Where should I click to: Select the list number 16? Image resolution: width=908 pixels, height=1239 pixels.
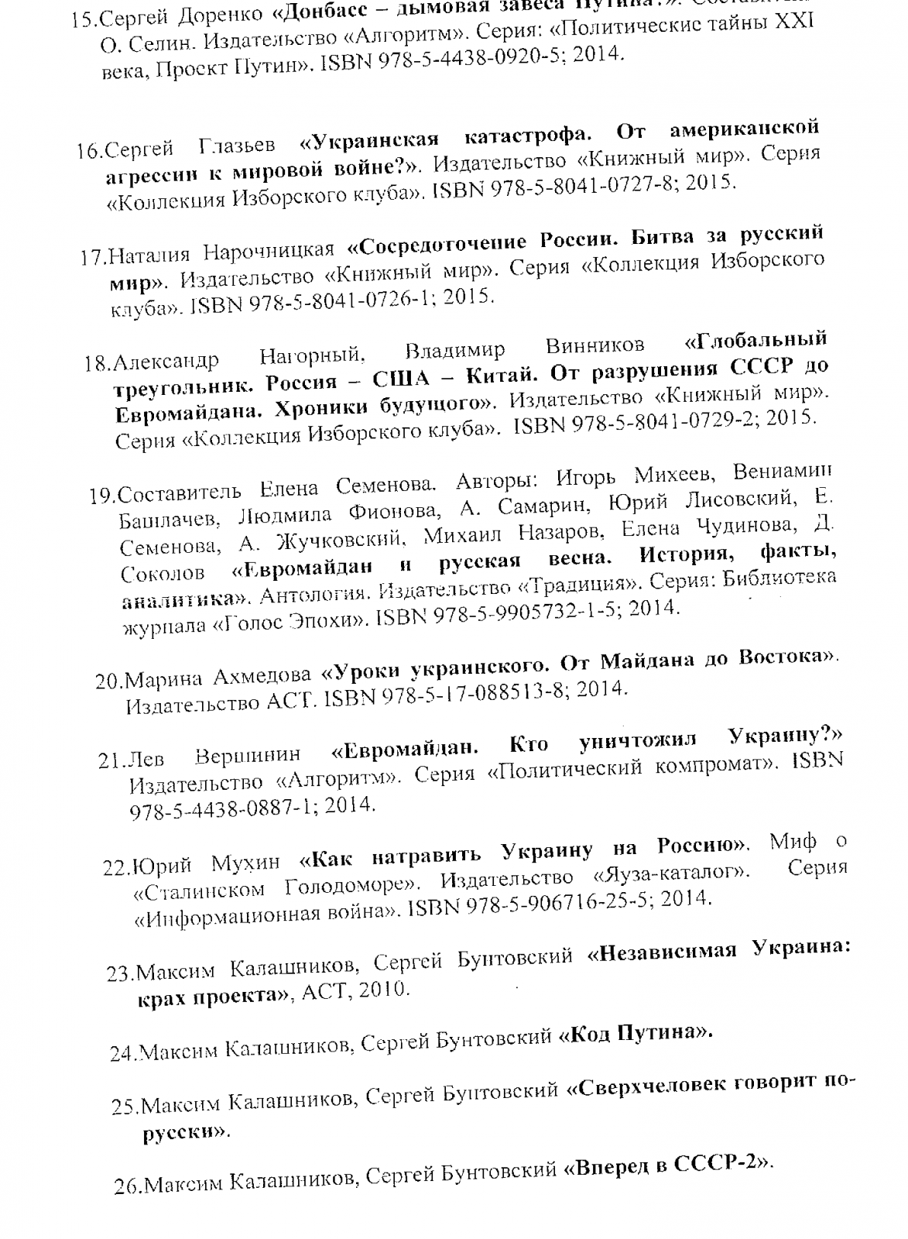[x=91, y=150]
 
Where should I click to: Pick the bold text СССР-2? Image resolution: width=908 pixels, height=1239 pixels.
[x=715, y=1165]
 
